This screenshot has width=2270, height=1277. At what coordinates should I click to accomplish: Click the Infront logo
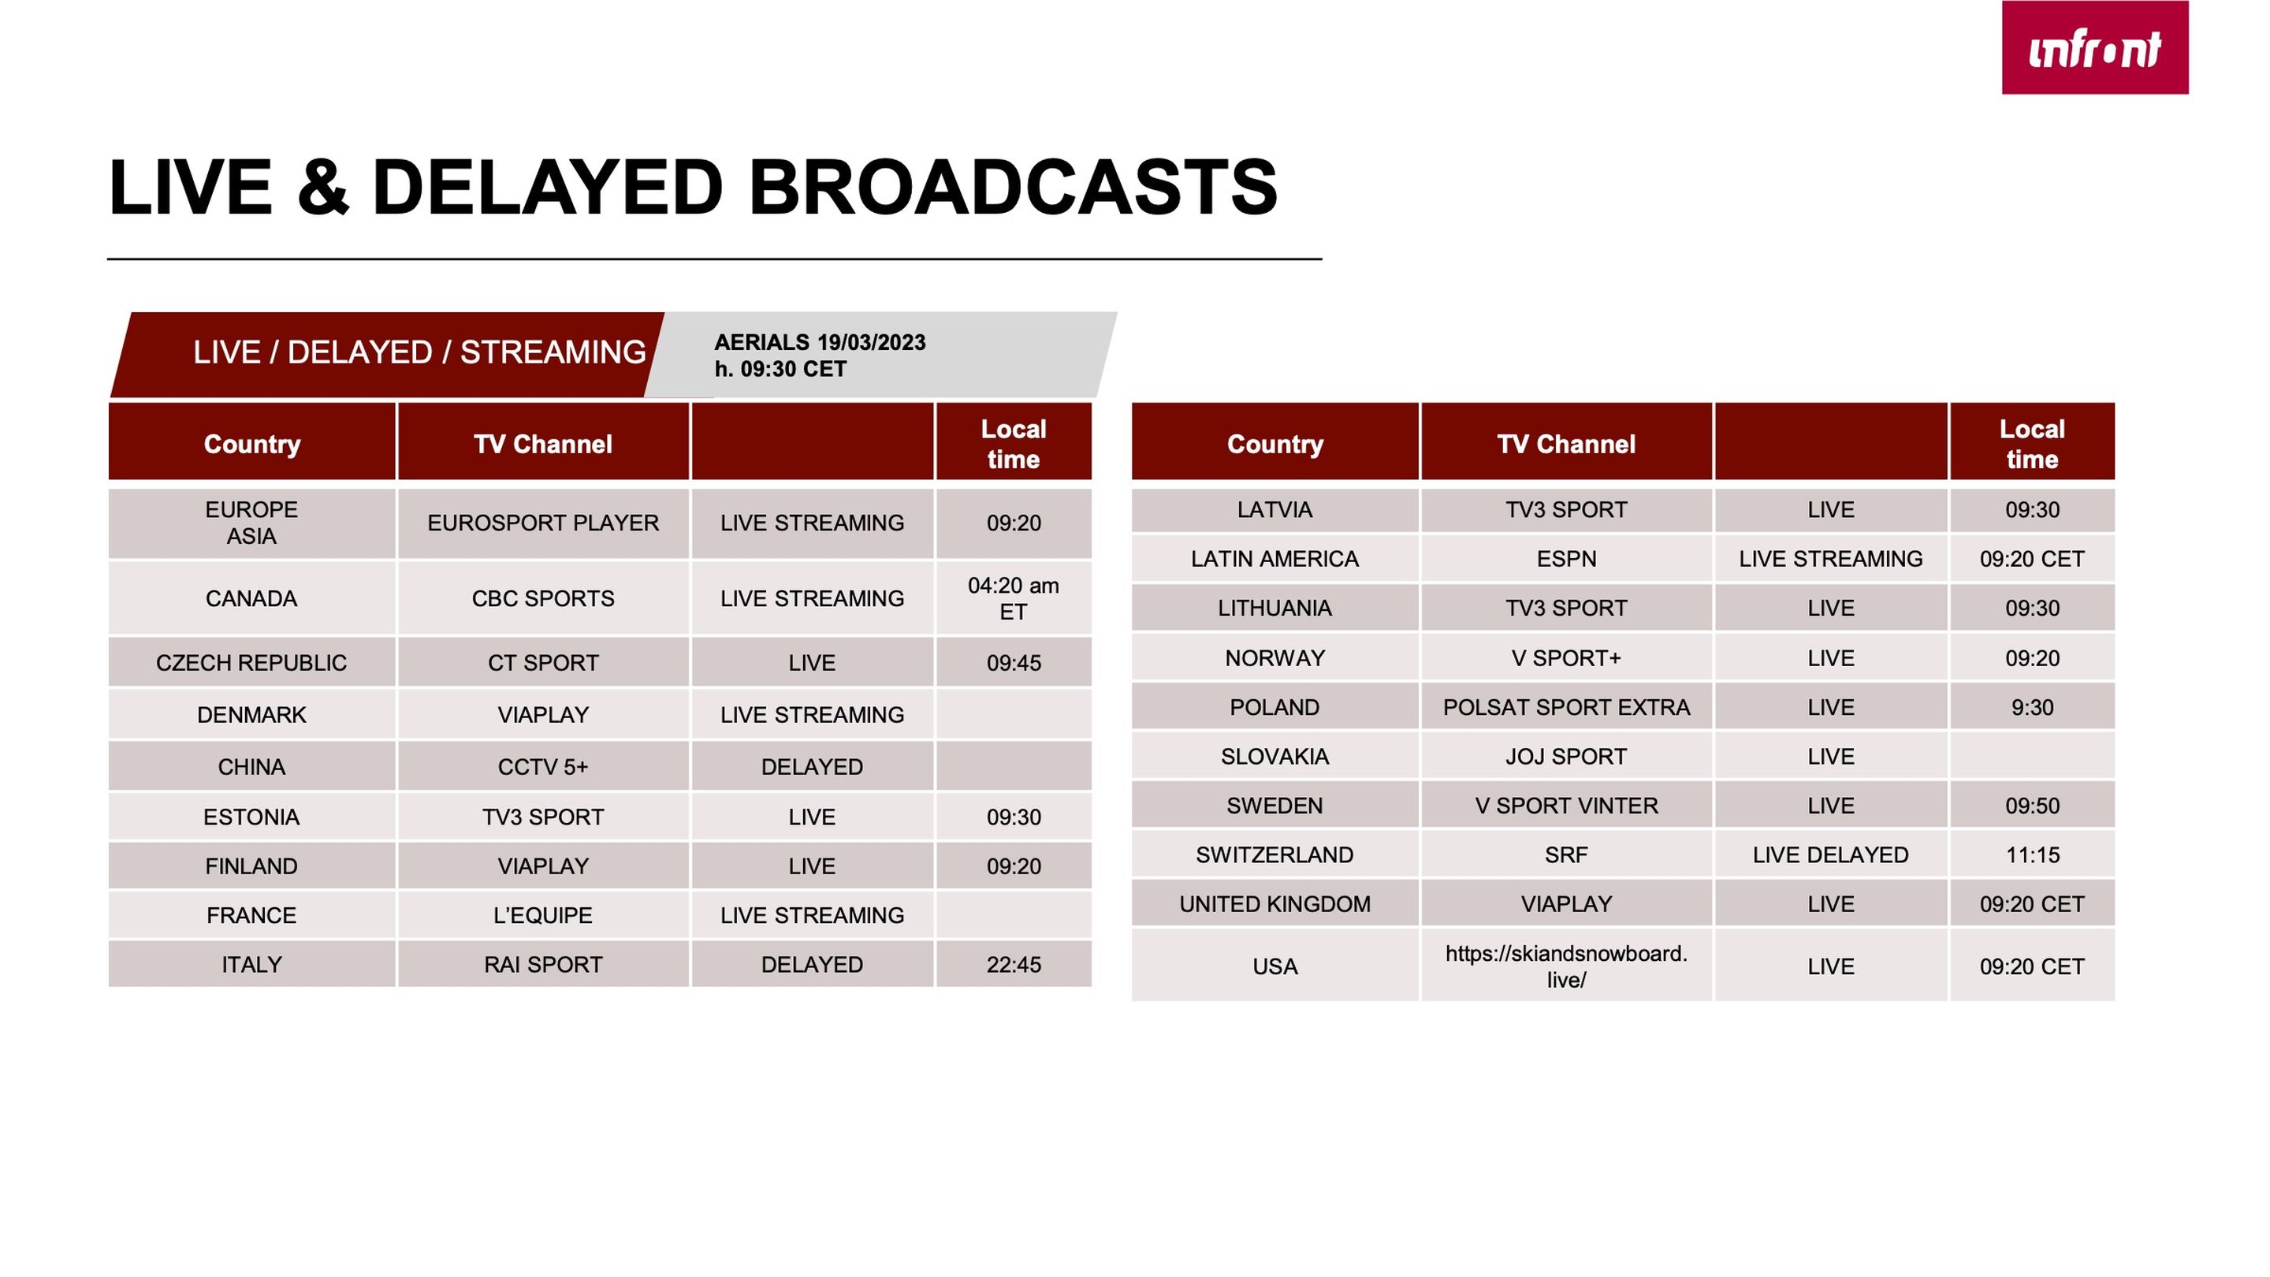[x=2095, y=47]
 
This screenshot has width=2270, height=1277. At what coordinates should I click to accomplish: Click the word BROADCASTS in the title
[x=1013, y=187]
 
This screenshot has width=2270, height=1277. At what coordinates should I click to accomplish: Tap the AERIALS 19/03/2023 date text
[x=820, y=342]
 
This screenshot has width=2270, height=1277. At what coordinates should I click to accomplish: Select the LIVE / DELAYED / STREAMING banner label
[x=419, y=352]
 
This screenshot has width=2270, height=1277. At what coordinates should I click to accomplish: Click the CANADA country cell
[x=251, y=598]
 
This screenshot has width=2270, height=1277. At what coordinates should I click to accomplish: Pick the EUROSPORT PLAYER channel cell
[x=543, y=523]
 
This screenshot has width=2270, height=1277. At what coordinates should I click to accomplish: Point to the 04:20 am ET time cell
[x=1014, y=598]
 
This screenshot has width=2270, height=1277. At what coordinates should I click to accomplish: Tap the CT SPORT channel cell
[x=543, y=663]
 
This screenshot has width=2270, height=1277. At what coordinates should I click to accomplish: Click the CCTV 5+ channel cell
[x=543, y=767]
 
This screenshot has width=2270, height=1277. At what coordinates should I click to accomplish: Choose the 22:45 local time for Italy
[x=1014, y=964]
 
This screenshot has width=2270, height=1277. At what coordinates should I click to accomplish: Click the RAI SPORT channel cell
[x=543, y=964]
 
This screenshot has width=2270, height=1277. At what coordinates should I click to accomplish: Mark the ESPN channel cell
[x=1566, y=559]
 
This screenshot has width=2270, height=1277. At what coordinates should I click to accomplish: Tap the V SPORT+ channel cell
[x=1566, y=657]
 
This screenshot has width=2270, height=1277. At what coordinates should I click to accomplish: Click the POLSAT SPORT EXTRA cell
[x=1566, y=707]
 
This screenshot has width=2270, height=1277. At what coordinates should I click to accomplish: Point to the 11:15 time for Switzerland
[x=2032, y=854]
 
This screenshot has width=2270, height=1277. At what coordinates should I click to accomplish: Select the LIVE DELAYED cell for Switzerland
[x=1830, y=854]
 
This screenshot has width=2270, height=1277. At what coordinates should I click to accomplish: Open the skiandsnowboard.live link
[x=1566, y=966]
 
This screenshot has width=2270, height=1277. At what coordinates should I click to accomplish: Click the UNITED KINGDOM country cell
[x=1275, y=904]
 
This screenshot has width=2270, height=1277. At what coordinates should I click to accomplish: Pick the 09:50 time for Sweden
[x=2032, y=806]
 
